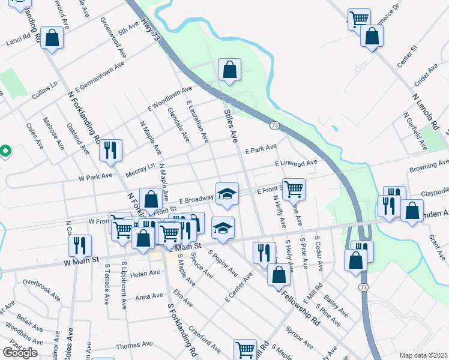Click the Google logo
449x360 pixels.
[x=20, y=352]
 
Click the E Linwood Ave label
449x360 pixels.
[x=295, y=163]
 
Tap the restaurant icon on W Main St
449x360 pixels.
[x=79, y=245]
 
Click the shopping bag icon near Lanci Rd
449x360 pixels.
[x=53, y=38]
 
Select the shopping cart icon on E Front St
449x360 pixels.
[x=294, y=188]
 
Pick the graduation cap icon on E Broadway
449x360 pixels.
[x=227, y=193]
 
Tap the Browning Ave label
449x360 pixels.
[x=429, y=163]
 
